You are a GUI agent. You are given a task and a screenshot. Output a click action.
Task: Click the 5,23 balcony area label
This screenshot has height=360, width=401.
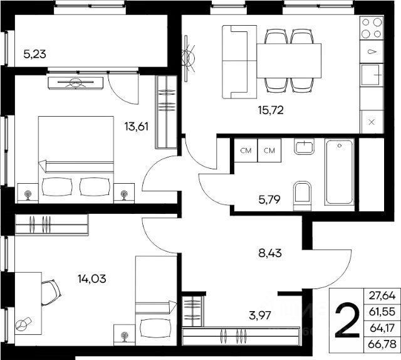[x=35, y=55]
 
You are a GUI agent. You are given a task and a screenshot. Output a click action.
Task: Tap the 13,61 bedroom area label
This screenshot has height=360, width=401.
[x=137, y=127]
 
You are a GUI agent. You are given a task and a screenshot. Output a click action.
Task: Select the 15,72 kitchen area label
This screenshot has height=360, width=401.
[x=271, y=110]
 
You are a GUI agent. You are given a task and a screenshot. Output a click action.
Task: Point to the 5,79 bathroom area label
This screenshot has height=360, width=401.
[x=269, y=199]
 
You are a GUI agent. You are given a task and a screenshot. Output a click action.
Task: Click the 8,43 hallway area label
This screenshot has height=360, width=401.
[x=270, y=253]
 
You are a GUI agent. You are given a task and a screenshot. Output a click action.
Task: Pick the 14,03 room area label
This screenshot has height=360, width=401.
[x=92, y=279]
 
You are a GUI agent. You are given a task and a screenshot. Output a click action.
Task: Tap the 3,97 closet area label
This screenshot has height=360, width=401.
[x=260, y=315]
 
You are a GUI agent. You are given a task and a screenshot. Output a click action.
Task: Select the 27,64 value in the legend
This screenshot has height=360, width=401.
[x=382, y=296]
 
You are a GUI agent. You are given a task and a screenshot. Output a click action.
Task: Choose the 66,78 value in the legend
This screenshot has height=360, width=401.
[x=382, y=344]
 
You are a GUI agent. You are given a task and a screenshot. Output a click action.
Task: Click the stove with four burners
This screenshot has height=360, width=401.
[x=372, y=28]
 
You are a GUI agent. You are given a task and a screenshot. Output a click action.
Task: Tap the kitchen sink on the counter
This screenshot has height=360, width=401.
[x=372, y=75]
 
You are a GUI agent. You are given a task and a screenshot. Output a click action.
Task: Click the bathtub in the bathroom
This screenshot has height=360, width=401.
[x=340, y=172]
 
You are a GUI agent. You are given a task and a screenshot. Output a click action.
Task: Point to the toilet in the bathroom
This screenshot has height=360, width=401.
[x=302, y=196]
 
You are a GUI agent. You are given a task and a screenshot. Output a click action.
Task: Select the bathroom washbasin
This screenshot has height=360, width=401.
[x=304, y=147]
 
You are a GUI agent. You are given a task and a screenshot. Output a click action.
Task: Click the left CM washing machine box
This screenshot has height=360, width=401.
[x=246, y=151]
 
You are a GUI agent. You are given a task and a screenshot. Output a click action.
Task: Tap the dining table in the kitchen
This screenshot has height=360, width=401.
[x=289, y=61]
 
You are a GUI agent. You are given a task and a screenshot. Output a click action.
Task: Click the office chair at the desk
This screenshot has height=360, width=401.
[x=51, y=293]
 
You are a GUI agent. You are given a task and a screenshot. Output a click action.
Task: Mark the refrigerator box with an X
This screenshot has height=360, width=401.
[x=372, y=122]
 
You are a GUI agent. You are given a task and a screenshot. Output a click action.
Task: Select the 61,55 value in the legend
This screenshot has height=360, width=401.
[x=382, y=312]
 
